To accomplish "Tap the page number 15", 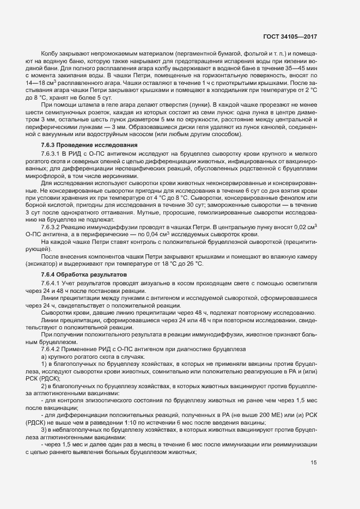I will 314,479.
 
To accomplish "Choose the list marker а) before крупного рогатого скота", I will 44,356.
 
